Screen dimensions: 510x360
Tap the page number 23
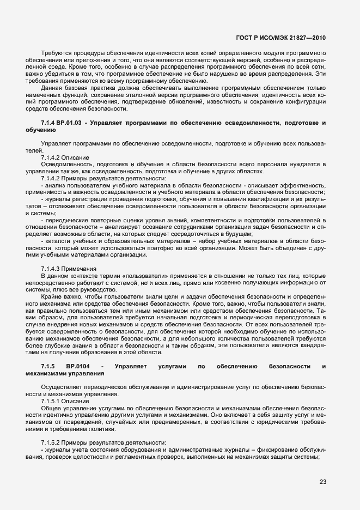point(322,481)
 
